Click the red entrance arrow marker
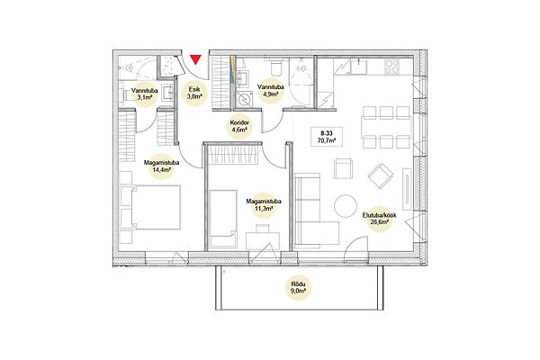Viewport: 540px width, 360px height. [195, 59]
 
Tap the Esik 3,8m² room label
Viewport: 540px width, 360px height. [194, 93]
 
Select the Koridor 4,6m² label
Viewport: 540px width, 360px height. [239, 126]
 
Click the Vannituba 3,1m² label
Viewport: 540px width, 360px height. [145, 94]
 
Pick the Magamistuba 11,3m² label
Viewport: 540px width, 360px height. [264, 205]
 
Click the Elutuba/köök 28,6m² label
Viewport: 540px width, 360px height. [379, 219]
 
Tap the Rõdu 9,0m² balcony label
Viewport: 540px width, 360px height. [299, 288]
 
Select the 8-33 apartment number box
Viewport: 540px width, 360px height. [327, 137]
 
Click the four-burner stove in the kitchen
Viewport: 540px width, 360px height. [391, 67]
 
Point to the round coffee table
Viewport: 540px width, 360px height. [346, 206]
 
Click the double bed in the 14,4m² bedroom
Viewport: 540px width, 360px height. [150, 207]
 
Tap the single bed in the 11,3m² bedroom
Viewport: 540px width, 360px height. [223, 219]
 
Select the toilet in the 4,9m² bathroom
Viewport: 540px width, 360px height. [276, 67]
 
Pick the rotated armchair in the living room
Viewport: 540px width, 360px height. [380, 175]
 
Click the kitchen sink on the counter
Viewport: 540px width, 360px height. [359, 67]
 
